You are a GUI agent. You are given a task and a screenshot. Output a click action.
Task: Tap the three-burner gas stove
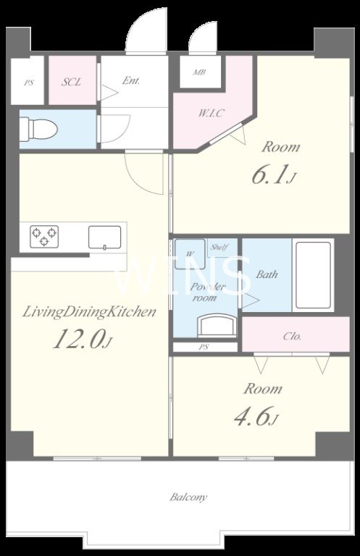tap(44, 236)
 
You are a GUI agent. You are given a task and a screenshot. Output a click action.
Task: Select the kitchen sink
tap(104, 237)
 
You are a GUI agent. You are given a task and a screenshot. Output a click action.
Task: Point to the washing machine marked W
tap(190, 254)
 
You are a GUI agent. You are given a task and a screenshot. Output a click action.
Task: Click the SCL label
tap(71, 82)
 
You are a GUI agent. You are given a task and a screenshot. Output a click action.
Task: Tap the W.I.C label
tap(211, 113)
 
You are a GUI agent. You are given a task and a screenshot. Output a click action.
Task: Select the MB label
tap(199, 72)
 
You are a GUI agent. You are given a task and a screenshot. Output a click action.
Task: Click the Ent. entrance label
tap(131, 80)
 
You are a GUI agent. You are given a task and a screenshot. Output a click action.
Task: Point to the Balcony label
tap(188, 497)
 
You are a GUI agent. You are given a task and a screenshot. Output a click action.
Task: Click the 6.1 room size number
tap(269, 174)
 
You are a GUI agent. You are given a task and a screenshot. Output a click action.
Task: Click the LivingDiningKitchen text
tap(89, 313)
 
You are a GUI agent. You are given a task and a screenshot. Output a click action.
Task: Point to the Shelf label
tap(219, 247)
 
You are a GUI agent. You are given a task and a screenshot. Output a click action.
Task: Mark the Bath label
tap(267, 274)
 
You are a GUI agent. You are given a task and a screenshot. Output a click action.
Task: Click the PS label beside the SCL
tap(29, 83)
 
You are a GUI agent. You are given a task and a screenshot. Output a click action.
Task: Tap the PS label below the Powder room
tap(204, 347)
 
